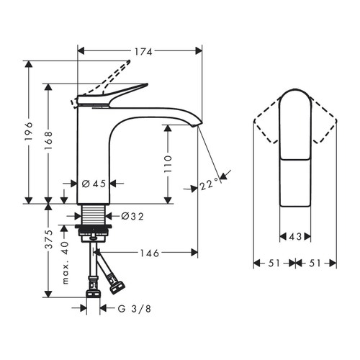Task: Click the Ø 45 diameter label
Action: (94, 184)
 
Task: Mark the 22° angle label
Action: (209, 185)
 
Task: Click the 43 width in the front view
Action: (295, 235)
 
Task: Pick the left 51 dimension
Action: (274, 263)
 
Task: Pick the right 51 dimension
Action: (316, 263)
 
